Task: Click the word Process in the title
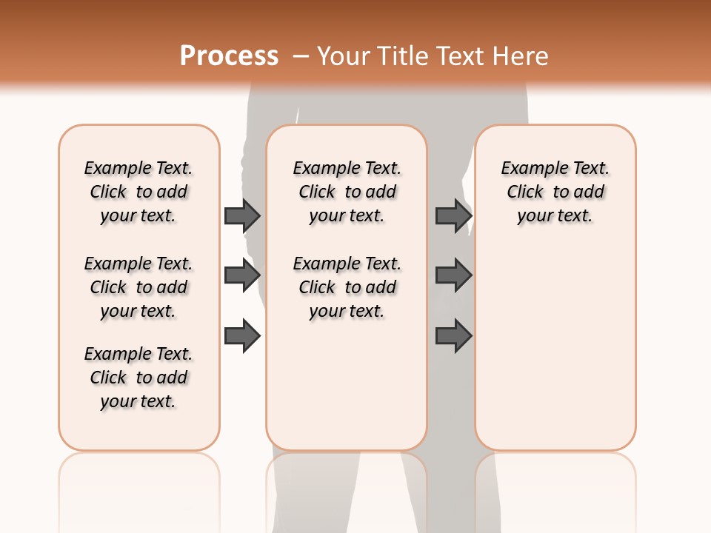tap(229, 56)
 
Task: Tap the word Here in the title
tap(521, 56)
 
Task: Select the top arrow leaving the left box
tap(242, 215)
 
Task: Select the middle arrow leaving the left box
tap(242, 275)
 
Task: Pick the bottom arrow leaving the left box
tap(242, 336)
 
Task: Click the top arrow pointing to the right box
tap(453, 215)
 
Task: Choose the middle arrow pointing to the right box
tap(453, 275)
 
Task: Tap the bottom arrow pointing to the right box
tap(453, 336)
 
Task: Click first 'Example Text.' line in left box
tap(138, 168)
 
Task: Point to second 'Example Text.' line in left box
tap(138, 264)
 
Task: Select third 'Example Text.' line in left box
tap(138, 354)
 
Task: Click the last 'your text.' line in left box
tap(138, 401)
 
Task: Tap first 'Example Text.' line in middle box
tap(347, 168)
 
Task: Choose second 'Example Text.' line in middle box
tap(347, 264)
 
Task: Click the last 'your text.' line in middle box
tap(347, 311)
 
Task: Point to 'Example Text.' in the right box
tap(555, 168)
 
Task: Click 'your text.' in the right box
tap(555, 215)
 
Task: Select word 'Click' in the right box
tap(525, 192)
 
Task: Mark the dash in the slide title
tap(301, 57)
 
